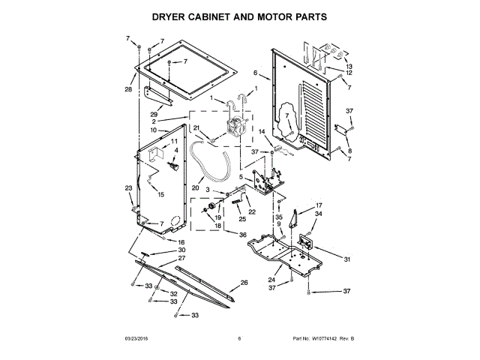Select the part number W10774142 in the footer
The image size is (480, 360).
pos(324,338)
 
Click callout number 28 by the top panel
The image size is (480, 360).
pos(128,90)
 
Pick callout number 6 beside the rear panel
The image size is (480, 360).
pos(255,73)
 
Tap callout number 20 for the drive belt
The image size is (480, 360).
pos(195,187)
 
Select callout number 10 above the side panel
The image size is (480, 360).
pos(152,130)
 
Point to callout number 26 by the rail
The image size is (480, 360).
pos(244,283)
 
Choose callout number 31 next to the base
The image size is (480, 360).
pos(347,259)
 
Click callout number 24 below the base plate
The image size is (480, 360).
pos(271,280)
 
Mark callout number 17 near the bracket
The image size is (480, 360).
pos(318,205)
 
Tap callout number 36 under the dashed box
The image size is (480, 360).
pos(242,235)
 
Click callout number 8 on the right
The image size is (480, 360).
pos(349,151)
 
